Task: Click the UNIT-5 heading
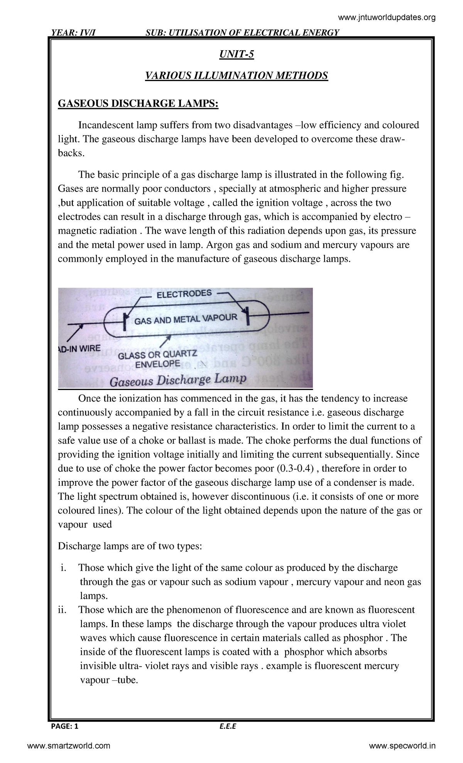click(236, 55)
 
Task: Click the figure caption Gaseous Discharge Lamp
click(178, 380)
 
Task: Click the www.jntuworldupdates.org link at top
click(387, 17)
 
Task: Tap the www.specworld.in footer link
click(402, 746)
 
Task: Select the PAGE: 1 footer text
click(64, 727)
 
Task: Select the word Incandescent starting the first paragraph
click(102, 125)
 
